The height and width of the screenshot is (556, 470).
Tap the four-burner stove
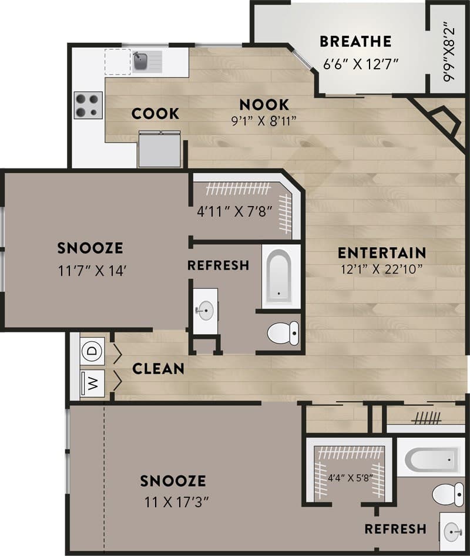[88, 105]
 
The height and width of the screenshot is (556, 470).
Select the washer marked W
[92, 382]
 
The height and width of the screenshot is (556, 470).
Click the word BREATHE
[355, 42]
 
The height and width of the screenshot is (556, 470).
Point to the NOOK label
[264, 105]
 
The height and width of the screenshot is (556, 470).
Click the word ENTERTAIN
[382, 253]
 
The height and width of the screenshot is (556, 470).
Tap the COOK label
[155, 113]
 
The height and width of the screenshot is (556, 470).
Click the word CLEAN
[158, 369]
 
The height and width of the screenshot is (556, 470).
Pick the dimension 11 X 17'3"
[173, 503]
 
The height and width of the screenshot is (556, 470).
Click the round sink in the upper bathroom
[206, 312]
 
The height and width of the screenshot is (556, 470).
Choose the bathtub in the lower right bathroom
[432, 459]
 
